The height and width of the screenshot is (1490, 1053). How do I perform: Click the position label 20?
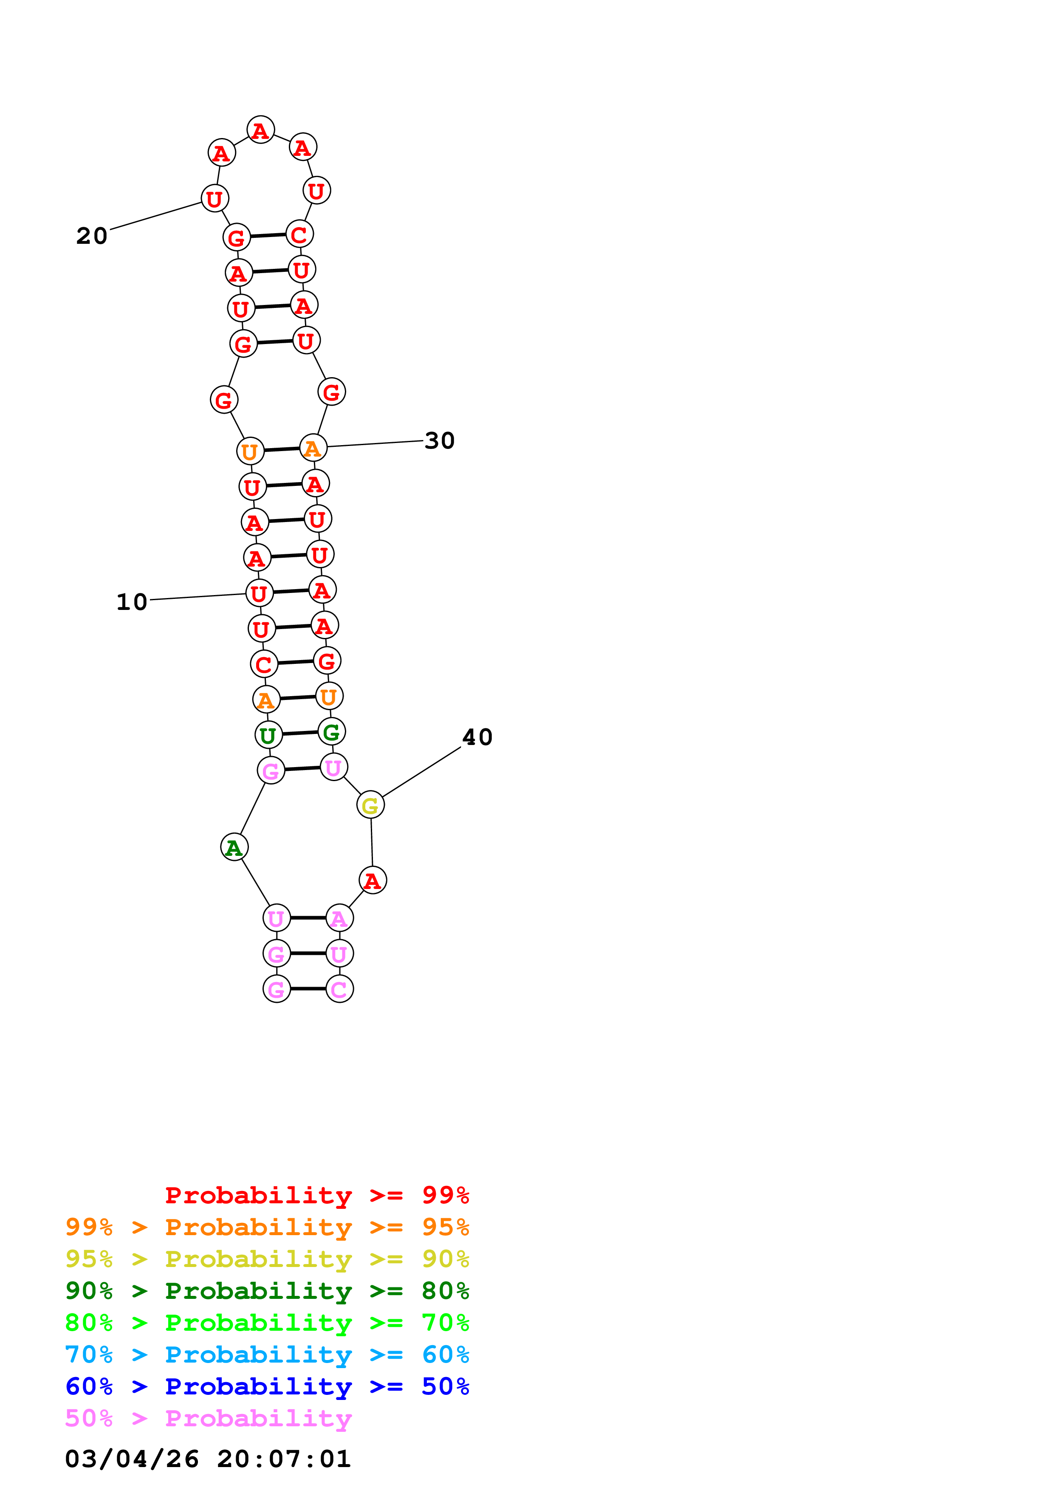point(91,236)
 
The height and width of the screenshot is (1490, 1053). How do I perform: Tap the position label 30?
point(439,441)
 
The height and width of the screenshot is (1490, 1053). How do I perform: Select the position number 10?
point(132,602)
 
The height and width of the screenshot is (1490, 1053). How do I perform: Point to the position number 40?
point(477,737)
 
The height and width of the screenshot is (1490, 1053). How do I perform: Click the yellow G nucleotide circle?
point(370,805)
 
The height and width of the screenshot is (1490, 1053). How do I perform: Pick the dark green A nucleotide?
point(234,847)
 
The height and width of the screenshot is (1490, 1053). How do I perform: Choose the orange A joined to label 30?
point(313,449)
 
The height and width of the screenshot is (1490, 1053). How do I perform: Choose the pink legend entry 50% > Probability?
point(208,1419)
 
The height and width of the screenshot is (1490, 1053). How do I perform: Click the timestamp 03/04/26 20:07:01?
point(208,1459)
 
